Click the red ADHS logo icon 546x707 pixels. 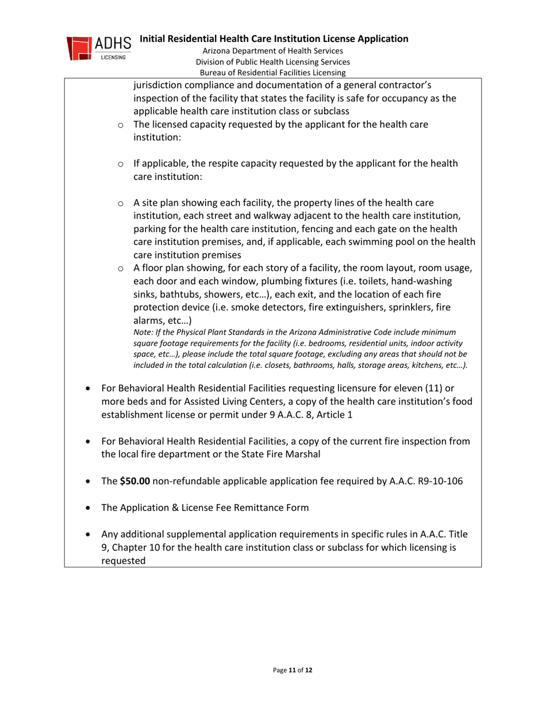pyautogui.click(x=78, y=49)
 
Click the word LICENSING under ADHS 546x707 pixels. pyautogui.click(x=107, y=57)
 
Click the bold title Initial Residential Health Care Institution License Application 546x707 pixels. pyautogui.click(x=274, y=39)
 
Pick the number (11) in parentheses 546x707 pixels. pyautogui.click(x=421, y=389)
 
